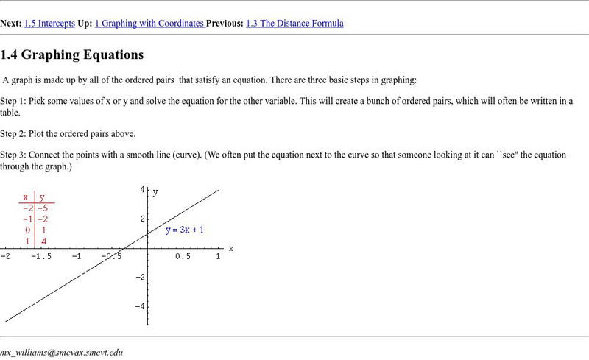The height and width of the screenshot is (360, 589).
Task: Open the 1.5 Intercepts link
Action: [49, 24]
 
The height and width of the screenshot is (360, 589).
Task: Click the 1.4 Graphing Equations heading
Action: [72, 55]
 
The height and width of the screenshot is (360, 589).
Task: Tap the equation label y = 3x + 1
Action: [185, 230]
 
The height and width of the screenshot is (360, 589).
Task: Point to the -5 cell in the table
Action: [43, 208]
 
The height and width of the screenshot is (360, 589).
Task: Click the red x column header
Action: [26, 197]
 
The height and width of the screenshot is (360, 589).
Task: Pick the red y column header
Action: [42, 197]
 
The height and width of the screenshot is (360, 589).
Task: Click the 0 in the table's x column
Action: [27, 230]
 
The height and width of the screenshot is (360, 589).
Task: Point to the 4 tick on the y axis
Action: [142, 190]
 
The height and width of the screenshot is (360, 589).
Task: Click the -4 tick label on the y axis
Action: [140, 306]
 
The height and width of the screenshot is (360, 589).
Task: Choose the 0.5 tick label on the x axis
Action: [183, 257]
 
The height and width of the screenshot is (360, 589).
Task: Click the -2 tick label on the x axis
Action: [5, 257]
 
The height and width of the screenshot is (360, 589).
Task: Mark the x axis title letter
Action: [230, 248]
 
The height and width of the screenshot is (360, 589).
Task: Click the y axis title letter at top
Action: [155, 191]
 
